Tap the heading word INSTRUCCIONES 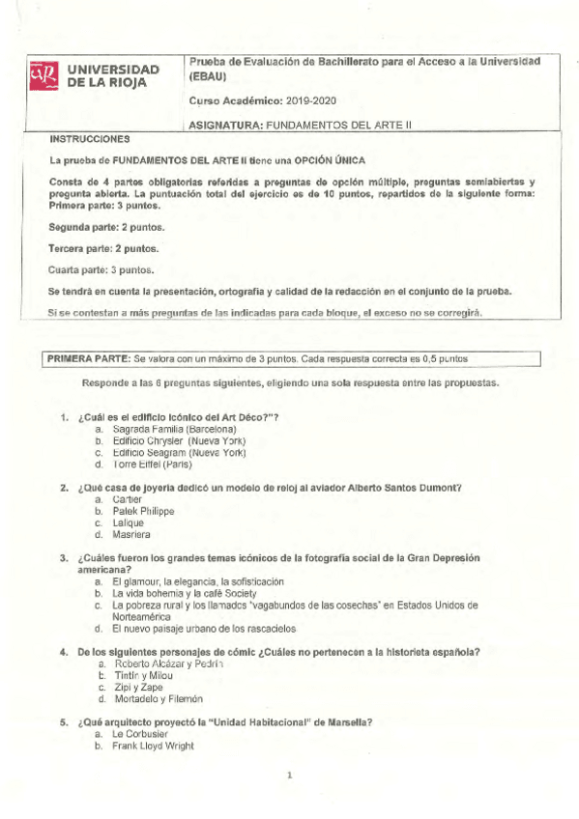tap(89, 139)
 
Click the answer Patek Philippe tap(142, 511)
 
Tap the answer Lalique tap(129, 522)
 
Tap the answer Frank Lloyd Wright tap(153, 746)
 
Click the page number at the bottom tap(289, 775)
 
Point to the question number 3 tap(64, 558)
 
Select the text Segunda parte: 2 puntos tap(106, 227)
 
